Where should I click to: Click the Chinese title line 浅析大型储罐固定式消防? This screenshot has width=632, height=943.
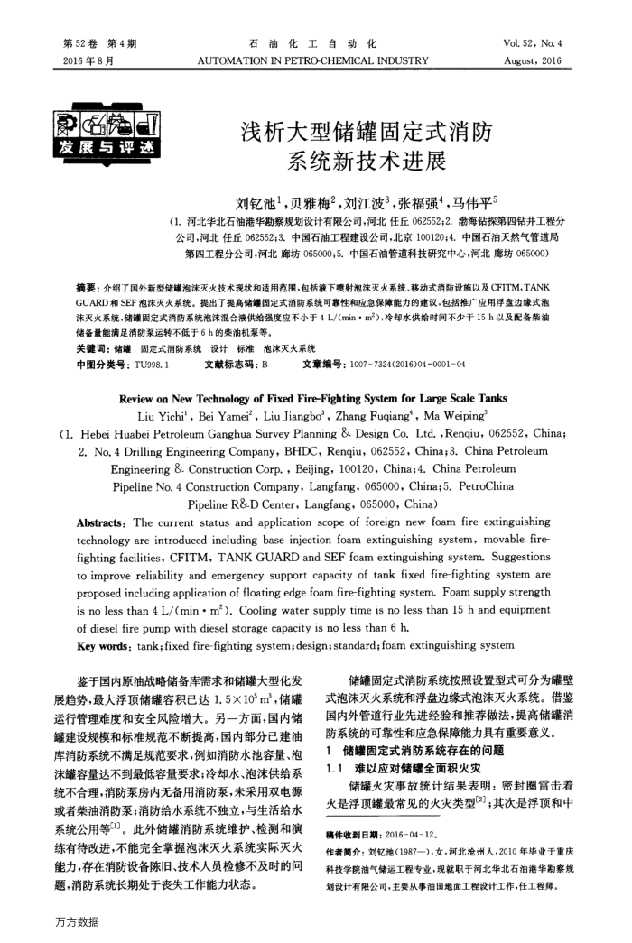tap(365, 134)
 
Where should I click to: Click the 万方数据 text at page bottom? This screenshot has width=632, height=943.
tap(76, 921)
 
